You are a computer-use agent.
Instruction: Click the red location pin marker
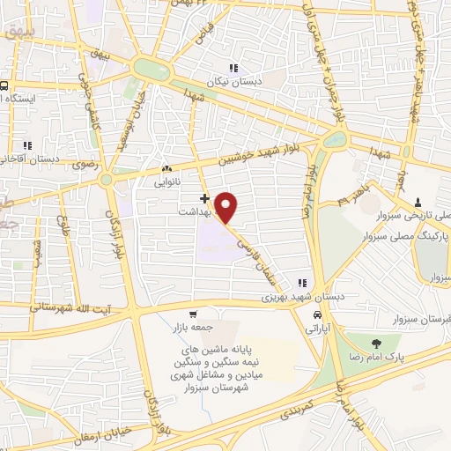coord(227,208)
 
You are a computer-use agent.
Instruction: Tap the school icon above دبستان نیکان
coord(233,68)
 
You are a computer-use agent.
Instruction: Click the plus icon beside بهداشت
coord(205,198)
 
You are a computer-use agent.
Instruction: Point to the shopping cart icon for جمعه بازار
coord(193,313)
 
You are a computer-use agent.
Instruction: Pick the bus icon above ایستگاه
coord(4,86)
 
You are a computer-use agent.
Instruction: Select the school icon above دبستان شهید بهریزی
coord(303,283)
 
